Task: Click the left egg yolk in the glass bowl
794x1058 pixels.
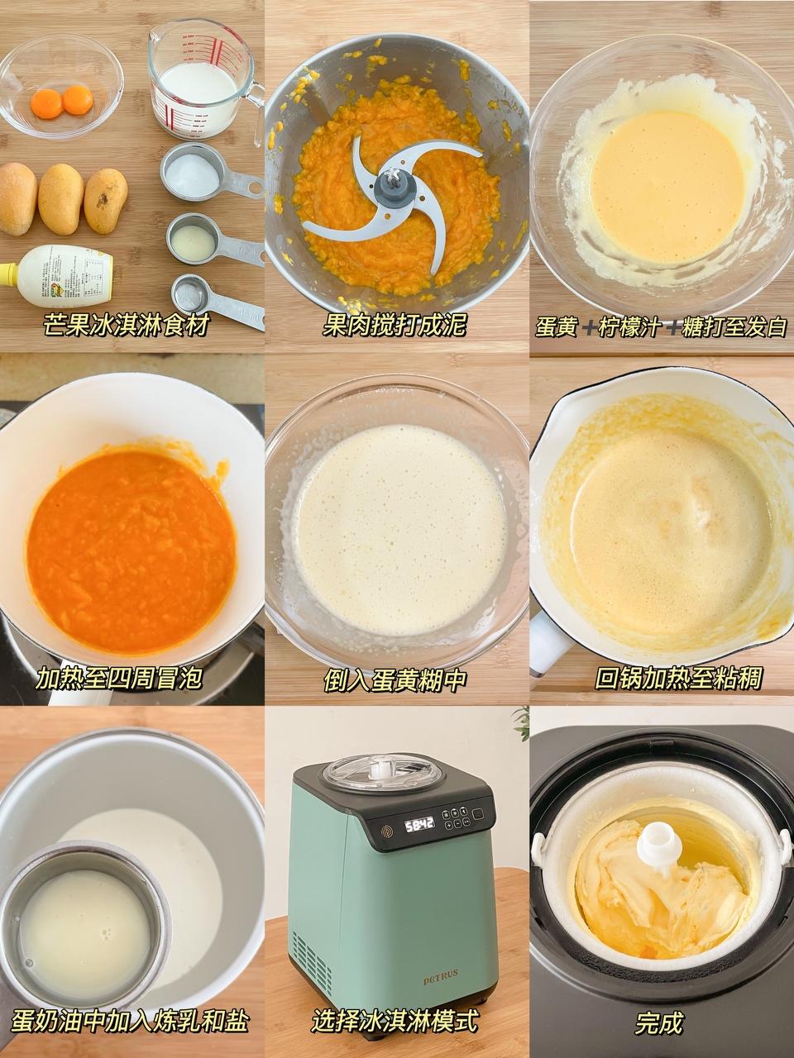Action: click(46, 103)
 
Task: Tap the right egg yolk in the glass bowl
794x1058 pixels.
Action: click(78, 100)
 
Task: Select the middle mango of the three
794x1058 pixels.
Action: click(60, 198)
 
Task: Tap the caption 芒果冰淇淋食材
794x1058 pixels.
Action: click(127, 325)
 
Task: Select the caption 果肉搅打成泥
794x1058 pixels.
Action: click(395, 325)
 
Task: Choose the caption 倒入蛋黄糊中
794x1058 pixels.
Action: click(395, 679)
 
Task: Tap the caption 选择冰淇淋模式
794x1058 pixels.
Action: click(395, 1021)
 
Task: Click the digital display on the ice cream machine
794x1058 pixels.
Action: click(419, 824)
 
